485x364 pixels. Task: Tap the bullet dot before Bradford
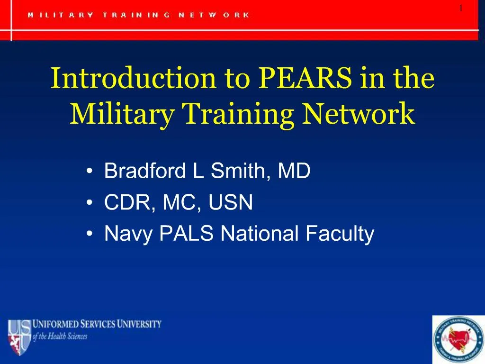(90, 172)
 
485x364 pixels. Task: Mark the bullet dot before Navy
(90, 234)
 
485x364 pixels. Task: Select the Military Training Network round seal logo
(458, 340)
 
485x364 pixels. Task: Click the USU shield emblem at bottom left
(18, 337)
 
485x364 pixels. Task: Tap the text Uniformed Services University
(97, 325)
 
